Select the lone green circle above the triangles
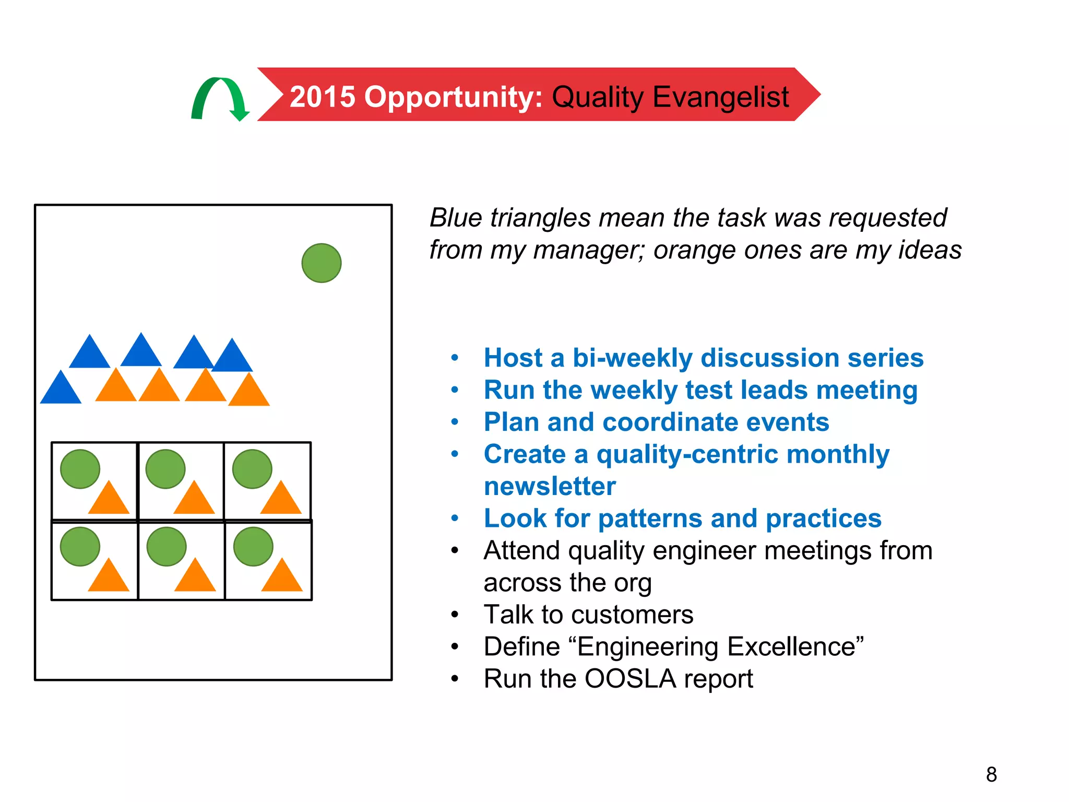tap(322, 263)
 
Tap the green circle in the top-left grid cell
tap(80, 469)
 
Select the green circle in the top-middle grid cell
tap(165, 469)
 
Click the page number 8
tap(991, 774)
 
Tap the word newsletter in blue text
tap(550, 486)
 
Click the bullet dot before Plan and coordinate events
tap(455, 422)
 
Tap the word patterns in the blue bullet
tap(650, 518)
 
